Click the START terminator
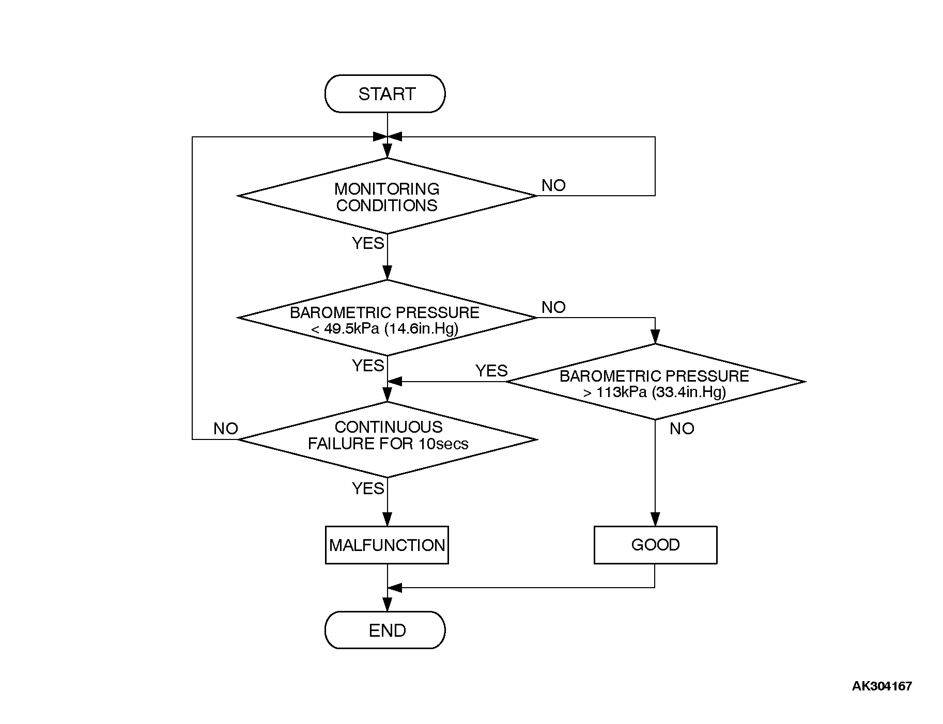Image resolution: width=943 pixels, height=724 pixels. coord(385,93)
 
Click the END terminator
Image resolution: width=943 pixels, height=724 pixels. coord(385,630)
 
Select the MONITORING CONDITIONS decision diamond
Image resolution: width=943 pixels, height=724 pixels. coord(387,196)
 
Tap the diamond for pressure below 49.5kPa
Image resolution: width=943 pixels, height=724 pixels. coord(387,318)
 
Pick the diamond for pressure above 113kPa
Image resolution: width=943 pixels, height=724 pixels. coord(655,382)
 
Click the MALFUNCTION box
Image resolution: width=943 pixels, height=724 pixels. coord(387,545)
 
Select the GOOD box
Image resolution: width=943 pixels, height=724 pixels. coord(655,545)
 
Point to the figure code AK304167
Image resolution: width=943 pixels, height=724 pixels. coord(882,686)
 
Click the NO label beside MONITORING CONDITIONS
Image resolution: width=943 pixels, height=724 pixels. coord(553,185)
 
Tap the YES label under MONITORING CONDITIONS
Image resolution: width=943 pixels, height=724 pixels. coord(368,243)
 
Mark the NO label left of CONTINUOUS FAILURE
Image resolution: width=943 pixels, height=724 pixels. coord(226,429)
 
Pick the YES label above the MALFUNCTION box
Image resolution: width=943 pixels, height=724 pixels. coord(368,489)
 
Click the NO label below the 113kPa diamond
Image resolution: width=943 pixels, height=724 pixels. coord(682,429)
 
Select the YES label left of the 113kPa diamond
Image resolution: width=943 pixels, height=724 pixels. coord(491,371)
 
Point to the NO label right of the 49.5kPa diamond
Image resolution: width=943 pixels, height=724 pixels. coord(553,307)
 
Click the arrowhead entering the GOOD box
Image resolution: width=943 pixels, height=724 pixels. coord(655,520)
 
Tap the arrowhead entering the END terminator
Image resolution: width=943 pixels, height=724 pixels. coord(388,605)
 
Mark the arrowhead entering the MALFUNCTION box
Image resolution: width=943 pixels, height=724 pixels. coord(388,520)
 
